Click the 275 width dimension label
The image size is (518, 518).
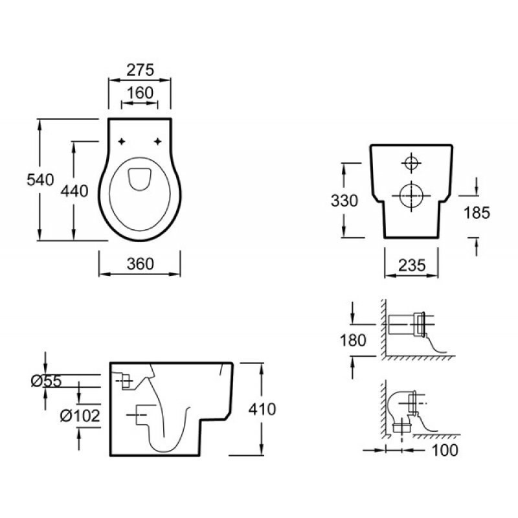140,70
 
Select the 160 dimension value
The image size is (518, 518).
140,93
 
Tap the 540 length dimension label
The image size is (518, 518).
40,180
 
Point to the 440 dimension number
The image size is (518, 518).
74,191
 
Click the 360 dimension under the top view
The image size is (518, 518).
141,264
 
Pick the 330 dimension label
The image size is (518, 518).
344,201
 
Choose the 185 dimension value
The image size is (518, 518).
477,213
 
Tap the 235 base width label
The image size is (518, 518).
412,265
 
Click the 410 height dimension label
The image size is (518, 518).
262,409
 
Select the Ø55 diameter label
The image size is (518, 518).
46,381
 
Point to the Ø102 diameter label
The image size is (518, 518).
80,416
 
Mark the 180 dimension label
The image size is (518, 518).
353,341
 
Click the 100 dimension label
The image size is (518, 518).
445,450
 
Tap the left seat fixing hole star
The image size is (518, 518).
122,142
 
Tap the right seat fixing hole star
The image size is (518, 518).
158,142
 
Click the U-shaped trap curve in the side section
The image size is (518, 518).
165,451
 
